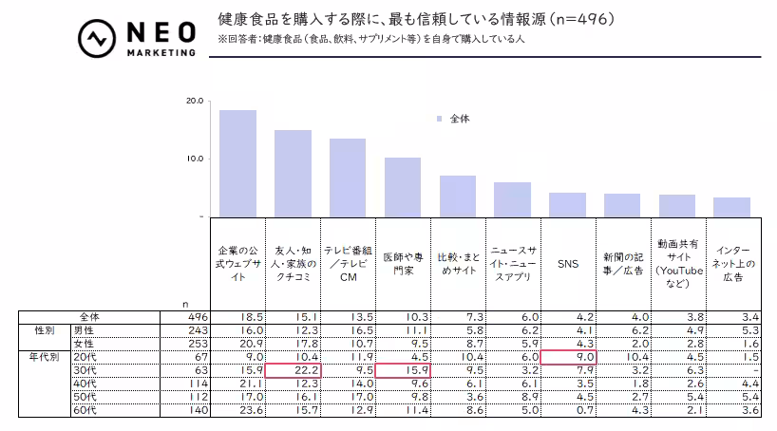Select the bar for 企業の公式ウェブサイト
coord(237,163)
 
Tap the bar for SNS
coord(567,204)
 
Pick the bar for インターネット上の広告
coord(731,207)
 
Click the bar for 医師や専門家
coord(403,187)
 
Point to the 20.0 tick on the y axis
coord(195,100)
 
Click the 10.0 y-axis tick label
coord(195,158)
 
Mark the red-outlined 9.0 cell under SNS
coord(568,356)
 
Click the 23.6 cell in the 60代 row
coord(237,410)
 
